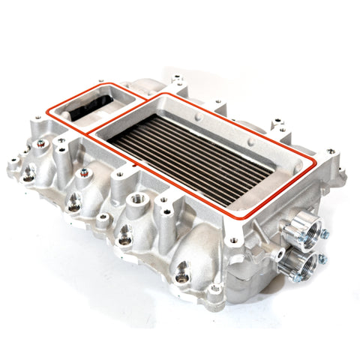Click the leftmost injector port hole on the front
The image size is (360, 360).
pos(28,175)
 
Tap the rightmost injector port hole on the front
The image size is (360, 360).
pos(184,268)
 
